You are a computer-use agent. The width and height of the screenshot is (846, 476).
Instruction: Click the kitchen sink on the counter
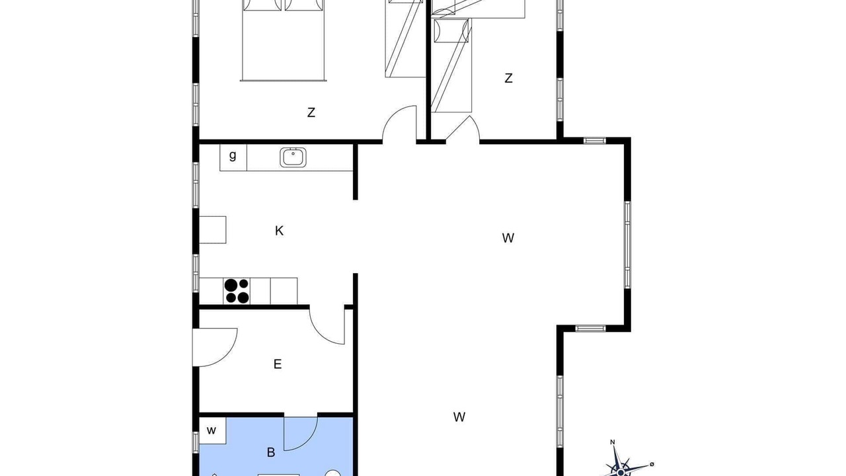293,157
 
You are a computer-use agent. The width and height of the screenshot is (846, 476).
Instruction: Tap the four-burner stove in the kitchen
237,291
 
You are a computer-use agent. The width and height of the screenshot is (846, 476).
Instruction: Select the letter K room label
279,231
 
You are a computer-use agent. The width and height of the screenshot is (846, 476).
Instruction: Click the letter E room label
277,364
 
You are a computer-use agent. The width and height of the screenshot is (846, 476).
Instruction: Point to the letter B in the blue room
271,452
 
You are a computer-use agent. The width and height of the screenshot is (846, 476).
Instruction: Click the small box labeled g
233,157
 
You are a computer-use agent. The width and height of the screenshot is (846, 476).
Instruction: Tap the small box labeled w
212,430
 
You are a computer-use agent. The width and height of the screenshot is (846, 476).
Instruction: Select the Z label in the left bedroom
311,112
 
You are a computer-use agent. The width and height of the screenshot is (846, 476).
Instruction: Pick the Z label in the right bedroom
508,78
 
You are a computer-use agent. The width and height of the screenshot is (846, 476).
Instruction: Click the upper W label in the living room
508,238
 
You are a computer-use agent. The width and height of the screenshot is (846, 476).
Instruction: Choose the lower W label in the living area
459,417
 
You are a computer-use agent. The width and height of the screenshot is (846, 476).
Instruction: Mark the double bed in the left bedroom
284,40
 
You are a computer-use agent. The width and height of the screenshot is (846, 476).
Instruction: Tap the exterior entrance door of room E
215,348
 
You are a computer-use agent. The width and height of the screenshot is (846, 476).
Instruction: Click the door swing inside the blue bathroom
301,434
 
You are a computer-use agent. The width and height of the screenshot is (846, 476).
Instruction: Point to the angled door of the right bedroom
462,130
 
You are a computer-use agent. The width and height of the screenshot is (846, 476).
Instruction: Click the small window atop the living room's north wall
595,141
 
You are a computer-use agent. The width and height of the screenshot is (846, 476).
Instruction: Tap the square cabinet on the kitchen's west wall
213,229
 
